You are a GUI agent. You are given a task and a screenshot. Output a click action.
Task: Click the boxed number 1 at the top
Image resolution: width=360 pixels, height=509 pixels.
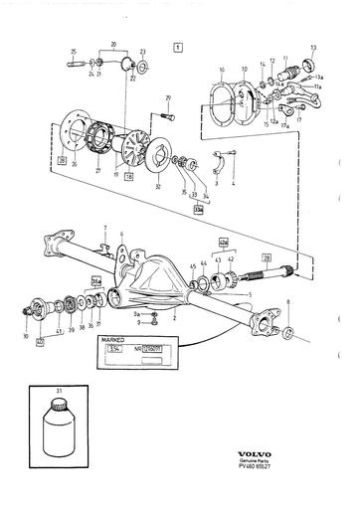[x=178, y=47]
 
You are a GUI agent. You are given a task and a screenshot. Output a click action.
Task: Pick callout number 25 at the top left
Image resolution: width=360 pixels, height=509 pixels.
[x=73, y=52]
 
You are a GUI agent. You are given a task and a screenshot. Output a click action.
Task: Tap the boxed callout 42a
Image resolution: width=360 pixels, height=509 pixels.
[x=223, y=242]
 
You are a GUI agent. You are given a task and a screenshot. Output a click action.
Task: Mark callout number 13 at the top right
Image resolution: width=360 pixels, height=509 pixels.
[x=313, y=47]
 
